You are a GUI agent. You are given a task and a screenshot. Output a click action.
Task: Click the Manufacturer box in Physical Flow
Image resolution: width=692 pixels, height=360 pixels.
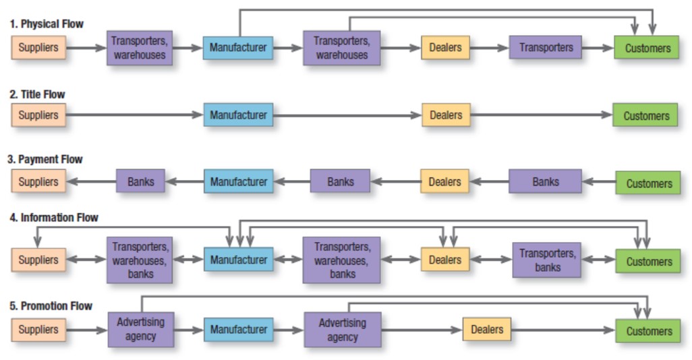pyautogui.click(x=238, y=48)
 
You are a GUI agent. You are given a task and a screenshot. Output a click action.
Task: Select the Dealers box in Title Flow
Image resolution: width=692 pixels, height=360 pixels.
pyautogui.click(x=446, y=115)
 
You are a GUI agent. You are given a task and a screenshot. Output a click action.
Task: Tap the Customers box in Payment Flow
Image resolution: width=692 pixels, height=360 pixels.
pyautogui.click(x=648, y=183)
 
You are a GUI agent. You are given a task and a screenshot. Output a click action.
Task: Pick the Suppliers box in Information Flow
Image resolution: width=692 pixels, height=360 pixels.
pyautogui.click(x=38, y=260)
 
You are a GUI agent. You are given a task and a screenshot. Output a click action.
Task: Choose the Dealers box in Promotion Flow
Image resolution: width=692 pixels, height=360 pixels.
pyautogui.click(x=487, y=329)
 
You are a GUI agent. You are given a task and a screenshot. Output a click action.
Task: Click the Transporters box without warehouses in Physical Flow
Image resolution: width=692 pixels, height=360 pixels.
pyautogui.click(x=545, y=48)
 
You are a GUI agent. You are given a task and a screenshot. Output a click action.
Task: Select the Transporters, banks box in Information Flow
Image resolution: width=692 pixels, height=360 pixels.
pyautogui.click(x=546, y=260)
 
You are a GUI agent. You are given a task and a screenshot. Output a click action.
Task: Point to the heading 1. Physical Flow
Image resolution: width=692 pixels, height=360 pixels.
pyautogui.click(x=47, y=24)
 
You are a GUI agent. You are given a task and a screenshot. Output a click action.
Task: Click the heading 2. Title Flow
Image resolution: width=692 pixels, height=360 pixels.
pyautogui.click(x=38, y=94)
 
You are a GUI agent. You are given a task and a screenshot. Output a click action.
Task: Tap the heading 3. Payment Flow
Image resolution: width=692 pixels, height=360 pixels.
pyautogui.click(x=45, y=159)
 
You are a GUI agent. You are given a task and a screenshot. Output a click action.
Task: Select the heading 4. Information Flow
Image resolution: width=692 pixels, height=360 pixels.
pyautogui.click(x=54, y=218)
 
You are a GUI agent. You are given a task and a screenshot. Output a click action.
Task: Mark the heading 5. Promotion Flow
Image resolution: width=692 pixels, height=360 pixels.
pyautogui.click(x=51, y=306)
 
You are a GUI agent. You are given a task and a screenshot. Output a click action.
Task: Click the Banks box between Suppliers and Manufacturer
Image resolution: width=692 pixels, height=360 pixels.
pyautogui.click(x=140, y=181)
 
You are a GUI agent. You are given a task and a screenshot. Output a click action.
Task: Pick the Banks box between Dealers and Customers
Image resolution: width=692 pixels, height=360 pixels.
pyautogui.click(x=545, y=181)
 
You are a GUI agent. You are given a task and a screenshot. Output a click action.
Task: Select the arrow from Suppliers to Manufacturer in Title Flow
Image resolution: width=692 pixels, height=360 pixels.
pyautogui.click(x=135, y=115)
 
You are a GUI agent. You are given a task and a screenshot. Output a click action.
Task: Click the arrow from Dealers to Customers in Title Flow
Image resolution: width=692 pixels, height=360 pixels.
pyautogui.click(x=542, y=115)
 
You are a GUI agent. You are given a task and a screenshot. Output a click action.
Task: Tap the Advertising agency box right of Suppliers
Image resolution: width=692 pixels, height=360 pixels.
pyautogui.click(x=141, y=330)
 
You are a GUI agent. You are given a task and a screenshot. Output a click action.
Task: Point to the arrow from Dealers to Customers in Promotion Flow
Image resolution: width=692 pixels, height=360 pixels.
pyautogui.click(x=563, y=330)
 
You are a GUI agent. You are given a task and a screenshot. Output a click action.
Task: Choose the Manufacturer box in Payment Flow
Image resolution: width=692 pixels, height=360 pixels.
pyautogui.click(x=238, y=181)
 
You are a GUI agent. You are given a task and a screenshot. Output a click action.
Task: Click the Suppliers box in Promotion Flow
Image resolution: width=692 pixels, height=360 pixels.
pyautogui.click(x=38, y=330)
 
